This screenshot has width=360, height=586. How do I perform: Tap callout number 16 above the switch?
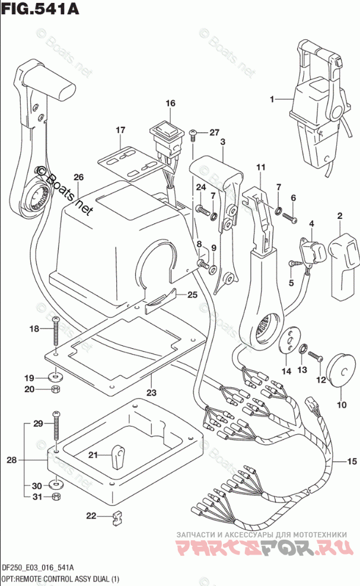[171, 104]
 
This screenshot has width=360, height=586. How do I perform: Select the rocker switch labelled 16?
[167, 133]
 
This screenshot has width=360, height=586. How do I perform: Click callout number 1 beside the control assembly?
[272, 100]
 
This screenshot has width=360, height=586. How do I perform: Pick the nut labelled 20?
[55, 390]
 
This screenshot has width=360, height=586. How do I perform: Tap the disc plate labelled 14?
[290, 341]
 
